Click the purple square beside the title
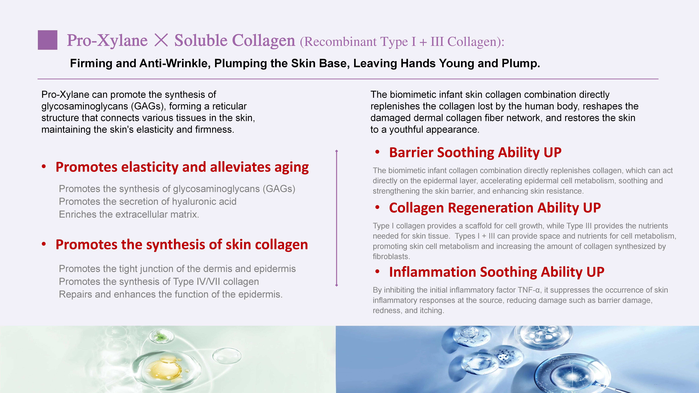[x=47, y=40]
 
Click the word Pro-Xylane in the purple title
[x=107, y=41]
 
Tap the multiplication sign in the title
[x=161, y=40]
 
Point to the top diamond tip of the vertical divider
[x=337, y=151]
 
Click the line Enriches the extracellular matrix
[x=129, y=214]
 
